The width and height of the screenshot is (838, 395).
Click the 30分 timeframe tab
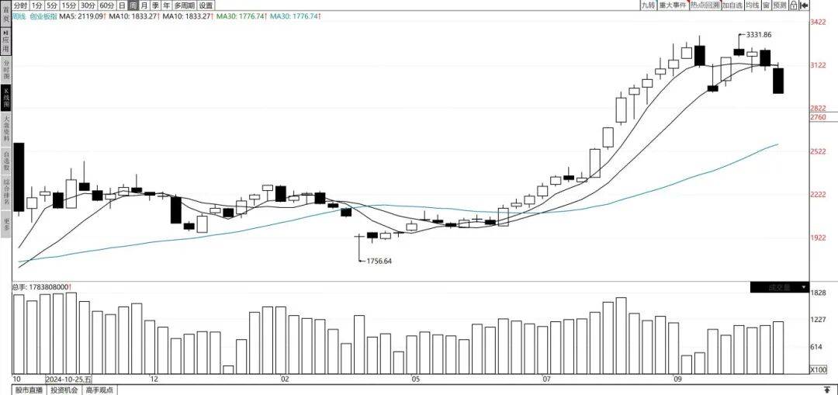pyautogui.click(x=88, y=5)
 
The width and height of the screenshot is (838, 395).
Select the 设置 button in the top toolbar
pyautogui.click(x=206, y=5)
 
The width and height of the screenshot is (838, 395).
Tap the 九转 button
pyautogui.click(x=648, y=5)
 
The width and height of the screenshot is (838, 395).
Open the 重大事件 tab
pyautogui.click(x=672, y=5)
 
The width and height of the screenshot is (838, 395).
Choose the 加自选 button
pyautogui.click(x=732, y=5)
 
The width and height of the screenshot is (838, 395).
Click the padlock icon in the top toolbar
pyautogui.click(x=794, y=5)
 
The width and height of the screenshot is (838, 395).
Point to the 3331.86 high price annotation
pyautogui.click(x=758, y=35)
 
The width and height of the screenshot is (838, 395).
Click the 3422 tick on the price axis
pyautogui.click(x=819, y=23)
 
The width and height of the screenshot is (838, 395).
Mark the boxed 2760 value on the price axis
pyautogui.click(x=819, y=117)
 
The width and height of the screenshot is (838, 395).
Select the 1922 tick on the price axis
pyautogui.click(x=819, y=238)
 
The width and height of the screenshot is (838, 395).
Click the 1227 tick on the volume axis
pyautogui.click(x=819, y=320)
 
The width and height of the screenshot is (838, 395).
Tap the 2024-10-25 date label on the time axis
pyautogui.click(x=68, y=379)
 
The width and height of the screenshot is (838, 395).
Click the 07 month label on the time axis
pyautogui.click(x=547, y=379)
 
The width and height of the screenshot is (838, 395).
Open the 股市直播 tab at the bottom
pyautogui.click(x=29, y=390)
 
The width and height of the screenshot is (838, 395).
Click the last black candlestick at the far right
pyautogui.click(x=777, y=81)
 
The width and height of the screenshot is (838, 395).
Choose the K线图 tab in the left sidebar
pyautogui.click(x=6, y=97)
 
